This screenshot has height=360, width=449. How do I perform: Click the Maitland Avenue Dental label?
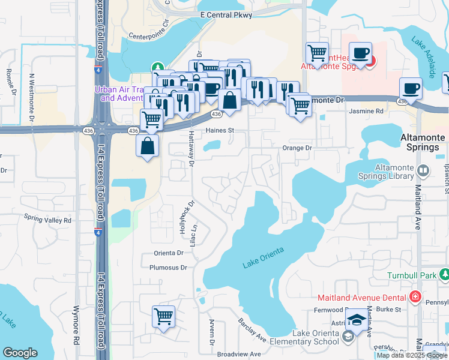370,297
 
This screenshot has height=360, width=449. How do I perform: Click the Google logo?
20,353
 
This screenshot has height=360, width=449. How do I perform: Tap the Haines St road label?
219,130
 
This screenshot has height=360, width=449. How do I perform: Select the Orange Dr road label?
298,148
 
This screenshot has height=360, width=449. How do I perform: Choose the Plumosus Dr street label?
168,268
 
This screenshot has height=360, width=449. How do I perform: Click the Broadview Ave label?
239,354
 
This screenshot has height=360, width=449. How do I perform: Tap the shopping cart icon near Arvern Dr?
163,316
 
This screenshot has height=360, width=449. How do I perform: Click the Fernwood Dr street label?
328,310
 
